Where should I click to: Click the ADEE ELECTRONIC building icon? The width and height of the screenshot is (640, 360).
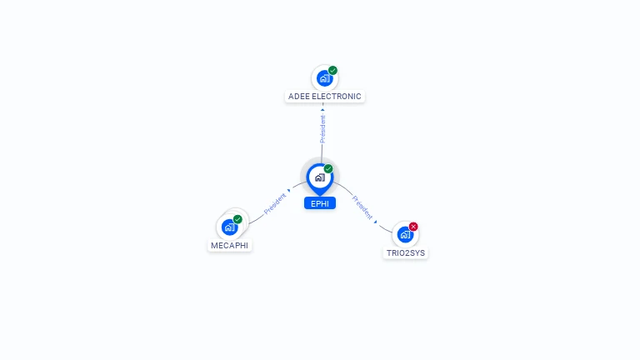[x=323, y=79]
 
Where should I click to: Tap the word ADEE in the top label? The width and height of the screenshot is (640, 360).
[x=297, y=97]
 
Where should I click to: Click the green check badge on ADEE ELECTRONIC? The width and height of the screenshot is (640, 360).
[x=332, y=71]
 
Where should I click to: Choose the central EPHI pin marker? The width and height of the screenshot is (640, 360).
[x=319, y=177]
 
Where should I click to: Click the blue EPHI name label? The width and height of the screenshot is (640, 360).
[x=320, y=203]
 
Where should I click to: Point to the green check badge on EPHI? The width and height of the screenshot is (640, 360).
[x=328, y=169]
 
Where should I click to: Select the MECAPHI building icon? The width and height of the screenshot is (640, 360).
[x=229, y=227]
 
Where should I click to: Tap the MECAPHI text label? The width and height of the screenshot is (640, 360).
[x=230, y=246]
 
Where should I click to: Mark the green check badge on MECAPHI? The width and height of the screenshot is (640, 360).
[x=237, y=219]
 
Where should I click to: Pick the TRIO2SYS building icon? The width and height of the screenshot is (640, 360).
[x=405, y=234]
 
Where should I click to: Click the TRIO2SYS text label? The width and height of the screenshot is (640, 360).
[x=406, y=252]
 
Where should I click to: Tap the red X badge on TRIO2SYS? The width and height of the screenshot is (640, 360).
[x=413, y=227]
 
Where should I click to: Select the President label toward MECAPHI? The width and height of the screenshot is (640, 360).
[x=274, y=204]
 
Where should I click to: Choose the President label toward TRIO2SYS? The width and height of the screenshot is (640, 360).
[x=362, y=207]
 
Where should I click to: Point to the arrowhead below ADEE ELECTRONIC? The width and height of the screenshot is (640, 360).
[x=322, y=109]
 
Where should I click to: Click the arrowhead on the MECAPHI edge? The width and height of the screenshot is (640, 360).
[x=289, y=192]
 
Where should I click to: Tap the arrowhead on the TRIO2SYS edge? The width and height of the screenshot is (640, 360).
[x=376, y=222]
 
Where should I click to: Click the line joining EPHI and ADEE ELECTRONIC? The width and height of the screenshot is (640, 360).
[x=322, y=151]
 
